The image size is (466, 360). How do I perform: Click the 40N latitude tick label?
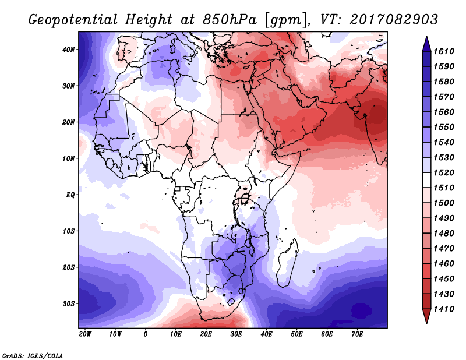(x=68, y=50)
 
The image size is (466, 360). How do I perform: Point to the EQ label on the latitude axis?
(x=70, y=195)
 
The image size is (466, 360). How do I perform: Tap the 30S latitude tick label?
(x=68, y=303)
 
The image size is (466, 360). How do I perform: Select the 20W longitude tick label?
(x=85, y=334)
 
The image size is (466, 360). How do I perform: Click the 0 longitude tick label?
(x=145, y=334)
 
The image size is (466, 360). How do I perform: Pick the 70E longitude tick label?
(x=357, y=334)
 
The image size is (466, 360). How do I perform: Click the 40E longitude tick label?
(x=266, y=334)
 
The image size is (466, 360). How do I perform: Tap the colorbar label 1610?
(x=443, y=51)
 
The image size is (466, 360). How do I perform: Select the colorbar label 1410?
(x=443, y=309)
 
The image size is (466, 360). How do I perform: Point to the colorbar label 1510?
(x=443, y=188)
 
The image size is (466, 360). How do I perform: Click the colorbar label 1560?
(x=443, y=112)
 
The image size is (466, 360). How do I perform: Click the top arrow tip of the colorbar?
(x=426, y=37)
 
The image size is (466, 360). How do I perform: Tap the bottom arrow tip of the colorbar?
(x=426, y=323)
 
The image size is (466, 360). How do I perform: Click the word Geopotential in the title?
(x=73, y=20)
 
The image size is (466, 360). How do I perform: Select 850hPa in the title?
(x=230, y=20)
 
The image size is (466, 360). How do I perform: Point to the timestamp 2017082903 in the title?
(x=394, y=20)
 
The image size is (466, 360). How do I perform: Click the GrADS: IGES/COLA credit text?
(x=33, y=355)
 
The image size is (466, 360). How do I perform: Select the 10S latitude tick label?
(x=68, y=231)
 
